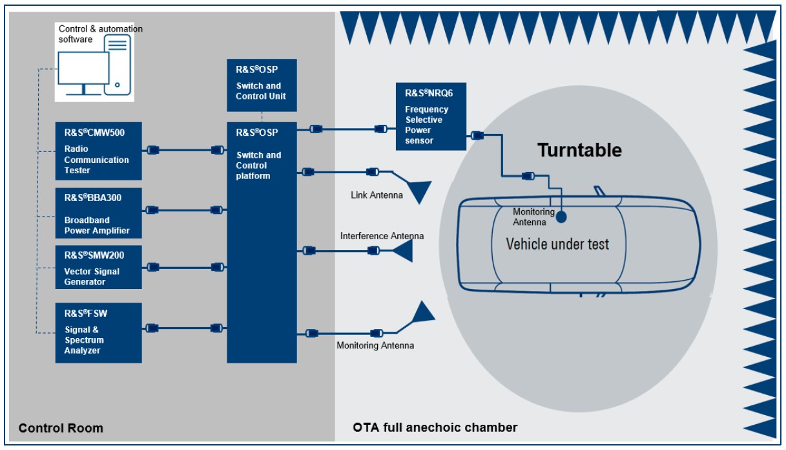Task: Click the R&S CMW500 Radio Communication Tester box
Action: point(98,151)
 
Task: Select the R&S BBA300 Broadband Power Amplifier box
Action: point(98,213)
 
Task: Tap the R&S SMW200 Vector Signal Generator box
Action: point(98,267)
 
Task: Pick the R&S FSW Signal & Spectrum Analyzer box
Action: point(98,332)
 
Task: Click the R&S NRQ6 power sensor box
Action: point(431,116)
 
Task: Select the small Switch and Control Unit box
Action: point(262,85)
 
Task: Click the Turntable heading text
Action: point(579,151)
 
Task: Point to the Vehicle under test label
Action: point(557,244)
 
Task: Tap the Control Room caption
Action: point(61,428)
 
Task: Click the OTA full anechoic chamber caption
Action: point(435,427)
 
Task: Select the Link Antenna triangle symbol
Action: point(418,191)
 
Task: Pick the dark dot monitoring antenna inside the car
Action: point(561,217)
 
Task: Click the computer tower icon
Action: point(118,65)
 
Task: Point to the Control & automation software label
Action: point(100,34)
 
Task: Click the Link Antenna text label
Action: point(377,195)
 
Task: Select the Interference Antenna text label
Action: point(382,236)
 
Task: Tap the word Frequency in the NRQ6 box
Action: point(426,109)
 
